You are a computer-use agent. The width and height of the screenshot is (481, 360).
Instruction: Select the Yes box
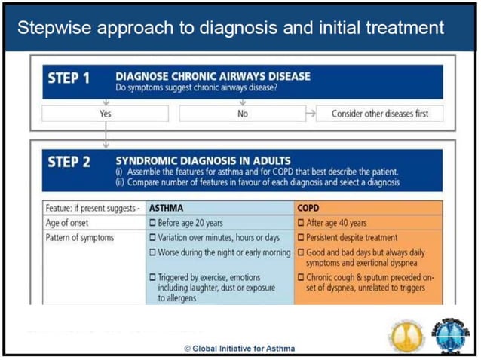tap(105, 114)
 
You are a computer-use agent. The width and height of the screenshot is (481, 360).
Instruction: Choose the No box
tap(241, 114)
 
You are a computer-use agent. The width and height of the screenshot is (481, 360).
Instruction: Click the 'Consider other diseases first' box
tap(379, 114)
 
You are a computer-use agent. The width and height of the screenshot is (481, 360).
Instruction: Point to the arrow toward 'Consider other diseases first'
tap(309, 114)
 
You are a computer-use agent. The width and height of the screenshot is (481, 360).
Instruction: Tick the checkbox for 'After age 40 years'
tap(302, 223)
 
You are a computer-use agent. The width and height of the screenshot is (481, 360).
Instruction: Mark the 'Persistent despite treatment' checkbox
tap(302, 237)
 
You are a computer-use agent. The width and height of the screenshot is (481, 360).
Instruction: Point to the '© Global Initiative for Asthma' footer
tap(240, 349)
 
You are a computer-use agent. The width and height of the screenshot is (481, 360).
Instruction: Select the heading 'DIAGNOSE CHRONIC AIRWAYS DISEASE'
tap(213, 75)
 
